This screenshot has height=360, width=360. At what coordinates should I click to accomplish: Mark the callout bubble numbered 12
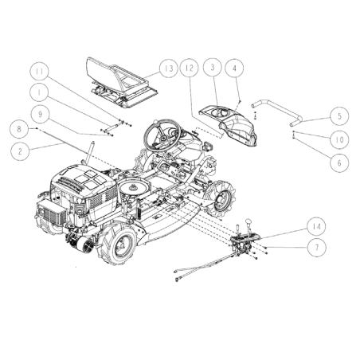point(189,68)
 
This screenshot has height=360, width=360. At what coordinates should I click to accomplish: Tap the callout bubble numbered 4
point(237,68)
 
